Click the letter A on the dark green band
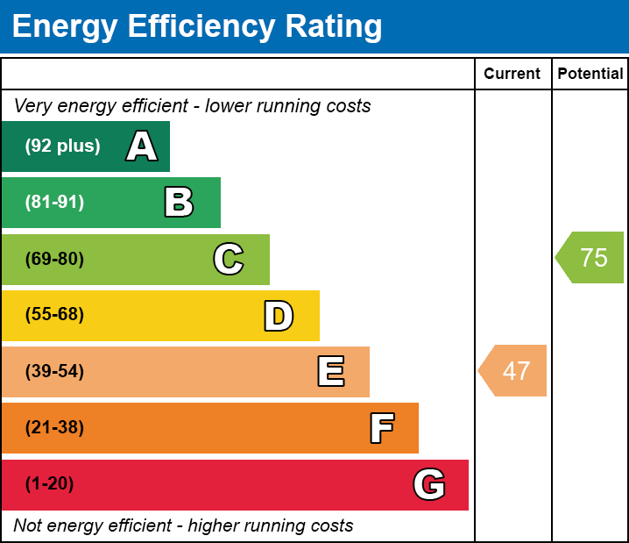pyautogui.click(x=142, y=146)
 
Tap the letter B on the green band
pyautogui.click(x=179, y=203)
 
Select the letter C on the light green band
pyautogui.click(x=229, y=259)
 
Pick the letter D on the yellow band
pyautogui.click(x=279, y=316)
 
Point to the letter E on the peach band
pyautogui.click(x=330, y=372)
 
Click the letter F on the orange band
pyautogui.click(x=381, y=428)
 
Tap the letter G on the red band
pyautogui.click(x=429, y=484)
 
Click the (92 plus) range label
pyautogui.click(x=62, y=146)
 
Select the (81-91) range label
pyautogui.click(x=54, y=203)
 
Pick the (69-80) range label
pyautogui.click(x=54, y=259)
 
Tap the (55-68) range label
pyautogui.click(x=54, y=315)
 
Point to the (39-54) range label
pyautogui.click(x=54, y=372)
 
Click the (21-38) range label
pyautogui.click(x=54, y=428)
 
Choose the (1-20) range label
pyautogui.click(x=49, y=484)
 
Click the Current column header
pyautogui.click(x=512, y=75)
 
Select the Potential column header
pyautogui.click(x=590, y=75)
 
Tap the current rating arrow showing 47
pyautogui.click(x=514, y=371)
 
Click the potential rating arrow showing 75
pyautogui.click(x=592, y=258)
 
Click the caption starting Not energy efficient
pyautogui.click(x=183, y=526)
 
